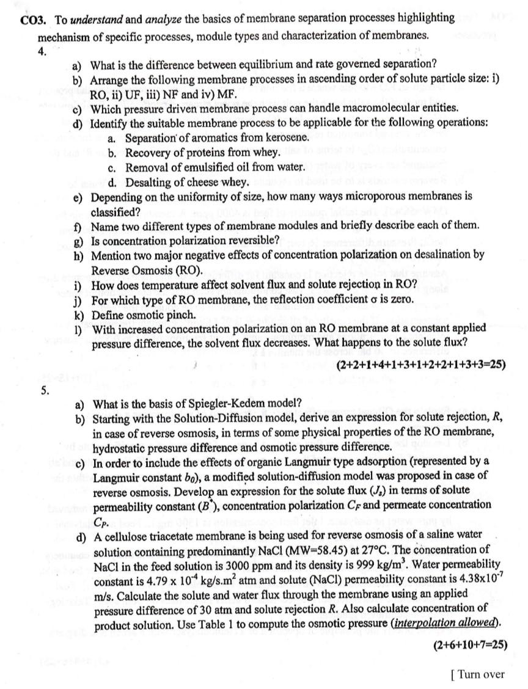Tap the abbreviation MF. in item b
[x=215, y=94]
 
